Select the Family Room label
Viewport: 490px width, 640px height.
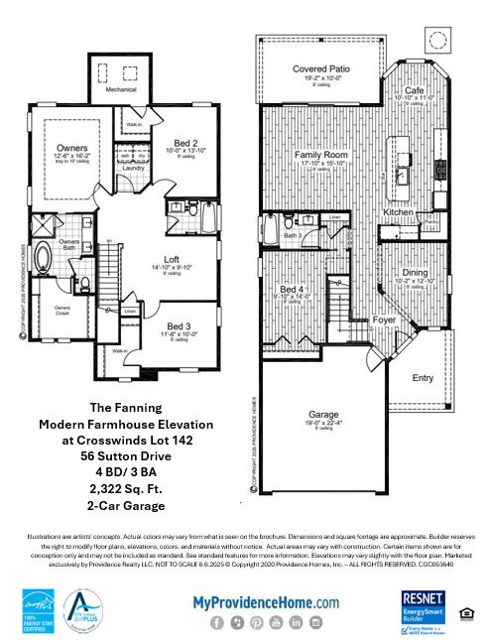pyautogui.click(x=319, y=157)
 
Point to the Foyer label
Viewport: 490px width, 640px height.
pyautogui.click(x=355, y=320)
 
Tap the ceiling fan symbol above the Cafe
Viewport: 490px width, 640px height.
pyautogui.click(x=438, y=39)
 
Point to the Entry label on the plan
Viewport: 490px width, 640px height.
pyautogui.click(x=423, y=377)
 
